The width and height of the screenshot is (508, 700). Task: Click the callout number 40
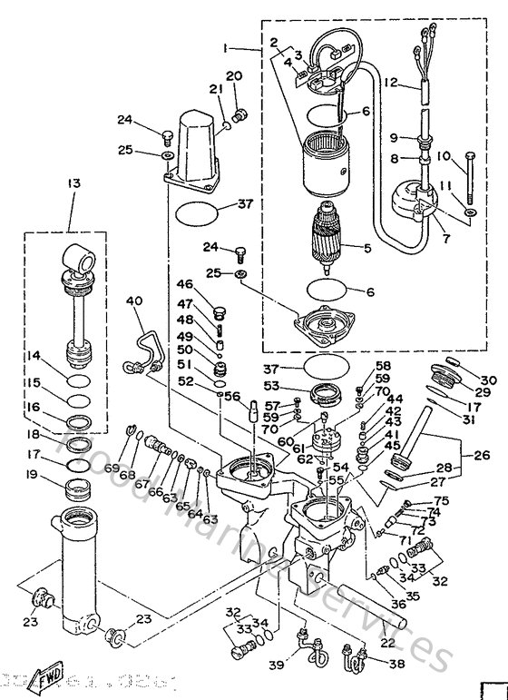tap(134, 301)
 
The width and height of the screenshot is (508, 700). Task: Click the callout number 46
tap(185, 285)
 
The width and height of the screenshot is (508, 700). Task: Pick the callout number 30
tap(488, 380)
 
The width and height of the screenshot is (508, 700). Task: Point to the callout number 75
tap(442, 499)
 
